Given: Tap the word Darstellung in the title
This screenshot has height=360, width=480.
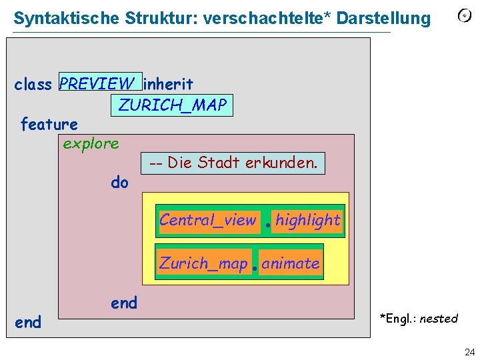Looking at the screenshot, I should [384, 18].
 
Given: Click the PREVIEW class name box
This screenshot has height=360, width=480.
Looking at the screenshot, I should [100, 83].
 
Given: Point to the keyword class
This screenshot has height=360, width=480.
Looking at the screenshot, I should [33, 85].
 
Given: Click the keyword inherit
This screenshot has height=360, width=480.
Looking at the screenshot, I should [169, 85].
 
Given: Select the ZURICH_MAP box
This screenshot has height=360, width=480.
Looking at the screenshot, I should [173, 105].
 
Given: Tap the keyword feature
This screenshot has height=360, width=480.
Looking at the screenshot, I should [49, 124].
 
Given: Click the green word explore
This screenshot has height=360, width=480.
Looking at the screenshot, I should [91, 143].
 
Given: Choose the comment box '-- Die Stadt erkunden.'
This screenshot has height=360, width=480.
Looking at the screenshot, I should [233, 163].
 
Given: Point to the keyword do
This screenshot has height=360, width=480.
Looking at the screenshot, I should [120, 182].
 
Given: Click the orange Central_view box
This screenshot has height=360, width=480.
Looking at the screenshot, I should [208, 221].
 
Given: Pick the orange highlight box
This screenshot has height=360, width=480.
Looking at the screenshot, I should [308, 221].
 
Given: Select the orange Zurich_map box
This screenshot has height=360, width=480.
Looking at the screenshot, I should [203, 263].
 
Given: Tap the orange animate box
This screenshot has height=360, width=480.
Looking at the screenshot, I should [291, 263].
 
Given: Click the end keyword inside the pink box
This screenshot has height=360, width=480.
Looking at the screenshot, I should [124, 303].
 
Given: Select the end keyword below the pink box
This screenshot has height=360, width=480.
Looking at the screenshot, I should [28, 323].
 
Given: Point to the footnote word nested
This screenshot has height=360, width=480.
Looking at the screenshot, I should [439, 319].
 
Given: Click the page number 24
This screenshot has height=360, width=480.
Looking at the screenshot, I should [469, 351].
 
